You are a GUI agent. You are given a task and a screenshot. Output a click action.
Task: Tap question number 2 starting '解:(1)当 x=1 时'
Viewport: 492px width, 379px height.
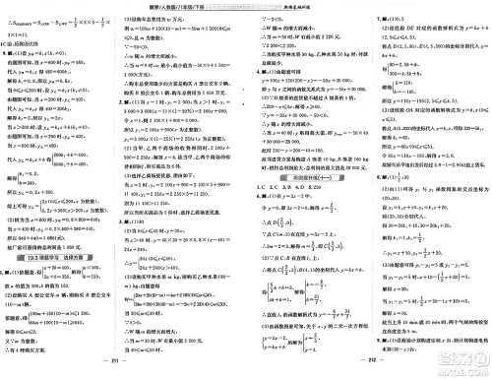pyautogui.click(x=129, y=101)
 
